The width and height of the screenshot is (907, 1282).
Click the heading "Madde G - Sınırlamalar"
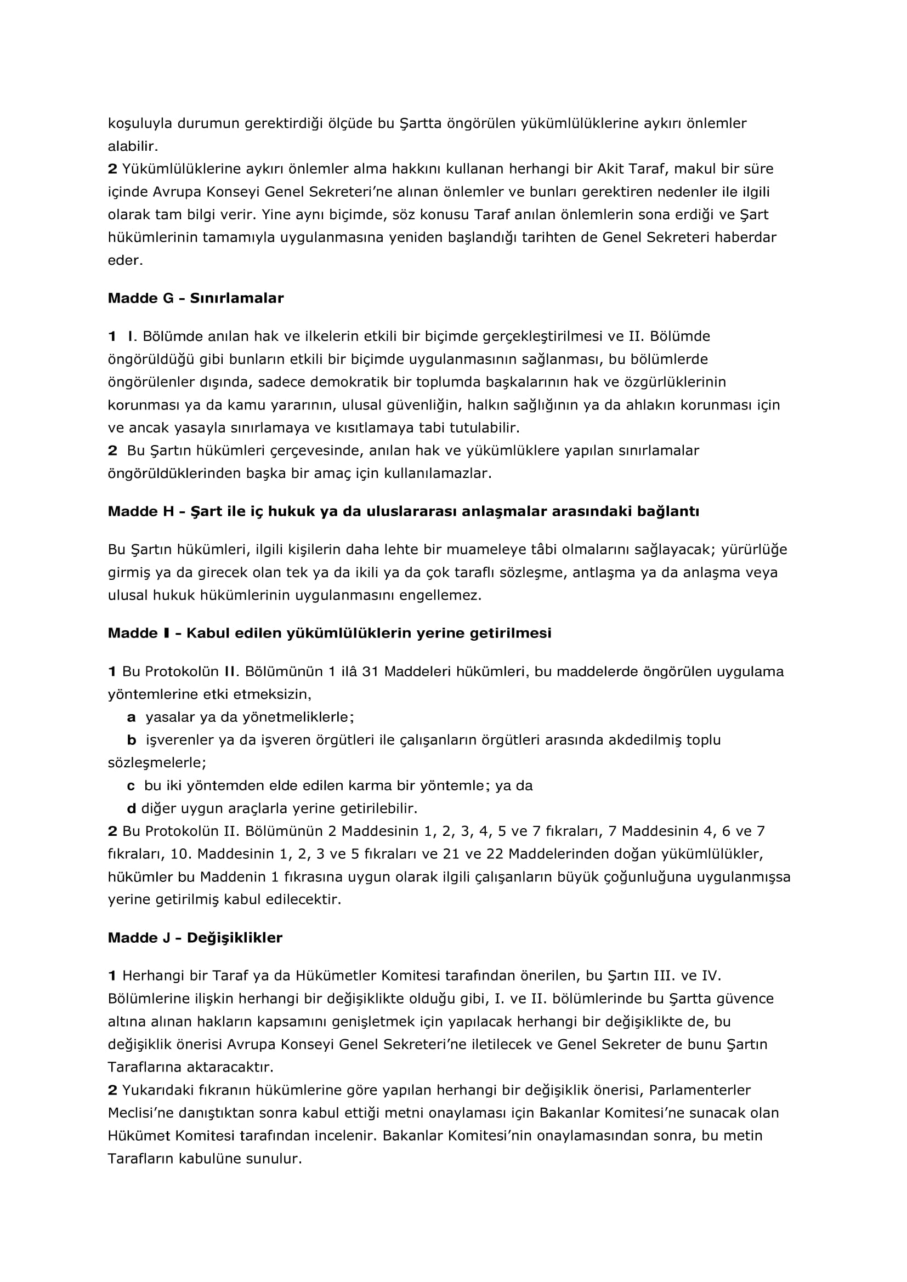coord(195,298)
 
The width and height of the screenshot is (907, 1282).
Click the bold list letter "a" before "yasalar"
coord(131,717)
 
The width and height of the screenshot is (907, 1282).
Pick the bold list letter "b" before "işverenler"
coord(131,740)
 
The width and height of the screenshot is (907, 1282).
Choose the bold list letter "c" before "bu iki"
coord(131,786)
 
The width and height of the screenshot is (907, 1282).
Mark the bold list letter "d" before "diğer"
coord(131,808)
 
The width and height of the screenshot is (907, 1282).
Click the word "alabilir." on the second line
coord(133,146)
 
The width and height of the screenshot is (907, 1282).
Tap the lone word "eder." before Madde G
coord(125,261)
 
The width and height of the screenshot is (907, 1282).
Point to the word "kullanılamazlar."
coord(438,474)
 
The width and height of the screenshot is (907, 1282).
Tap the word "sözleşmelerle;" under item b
coord(157,763)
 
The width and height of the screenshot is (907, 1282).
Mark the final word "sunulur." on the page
coord(276,1159)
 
